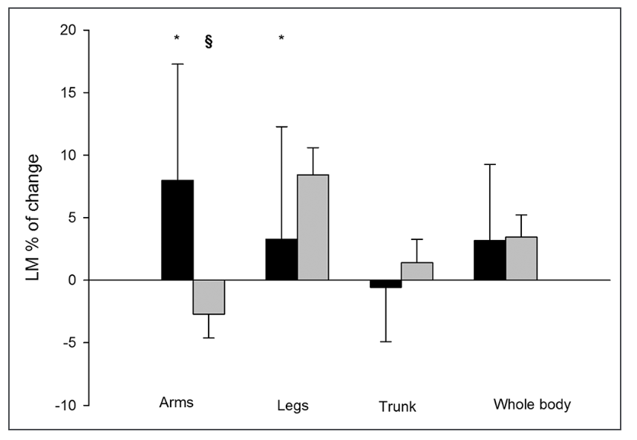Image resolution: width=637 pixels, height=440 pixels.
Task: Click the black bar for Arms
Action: (177, 230)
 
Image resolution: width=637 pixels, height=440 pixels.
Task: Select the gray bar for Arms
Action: (209, 297)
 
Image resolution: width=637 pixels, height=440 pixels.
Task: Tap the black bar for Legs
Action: (281, 259)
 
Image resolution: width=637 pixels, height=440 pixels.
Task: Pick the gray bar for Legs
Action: (313, 227)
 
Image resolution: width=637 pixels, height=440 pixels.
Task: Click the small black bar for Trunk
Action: (385, 284)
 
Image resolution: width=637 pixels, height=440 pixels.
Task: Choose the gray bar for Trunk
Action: (417, 271)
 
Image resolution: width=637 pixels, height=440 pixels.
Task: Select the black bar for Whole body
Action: (490, 260)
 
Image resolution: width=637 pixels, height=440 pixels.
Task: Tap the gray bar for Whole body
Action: (521, 259)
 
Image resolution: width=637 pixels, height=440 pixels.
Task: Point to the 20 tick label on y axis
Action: (71, 30)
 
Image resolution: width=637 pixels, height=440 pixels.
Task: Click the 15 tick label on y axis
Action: (71, 93)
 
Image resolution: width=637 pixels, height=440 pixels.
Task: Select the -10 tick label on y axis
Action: (68, 405)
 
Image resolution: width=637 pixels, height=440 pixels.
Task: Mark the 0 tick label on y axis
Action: (74, 280)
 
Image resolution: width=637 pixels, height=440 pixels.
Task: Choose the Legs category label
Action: (293, 406)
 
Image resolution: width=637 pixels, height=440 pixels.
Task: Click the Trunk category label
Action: (397, 407)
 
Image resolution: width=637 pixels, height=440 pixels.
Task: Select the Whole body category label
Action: (532, 404)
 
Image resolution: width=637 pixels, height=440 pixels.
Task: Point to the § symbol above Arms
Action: (209, 42)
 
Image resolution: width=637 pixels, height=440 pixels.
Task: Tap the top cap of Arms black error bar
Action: (177, 64)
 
